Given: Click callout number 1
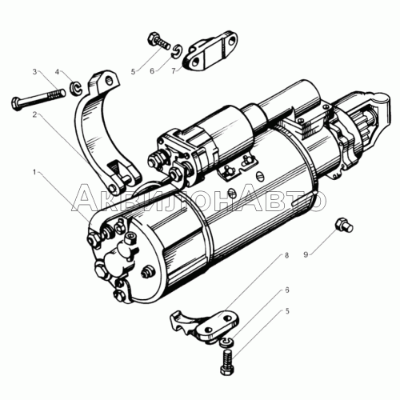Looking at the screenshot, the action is click(x=34, y=172).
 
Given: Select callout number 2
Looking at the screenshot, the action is click(x=34, y=114).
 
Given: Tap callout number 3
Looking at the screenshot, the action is click(x=34, y=72).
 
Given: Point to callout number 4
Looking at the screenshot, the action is click(x=57, y=72).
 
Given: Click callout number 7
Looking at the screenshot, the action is click(x=174, y=71).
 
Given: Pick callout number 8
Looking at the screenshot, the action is click(x=286, y=255).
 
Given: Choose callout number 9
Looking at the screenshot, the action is click(x=306, y=254).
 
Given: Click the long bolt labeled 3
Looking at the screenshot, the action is click(x=38, y=98).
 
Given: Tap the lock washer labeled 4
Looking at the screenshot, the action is click(x=76, y=89).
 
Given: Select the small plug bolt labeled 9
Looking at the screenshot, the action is click(x=345, y=225).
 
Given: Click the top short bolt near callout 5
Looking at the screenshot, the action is click(x=159, y=42).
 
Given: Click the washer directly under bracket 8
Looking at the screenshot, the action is click(x=227, y=342).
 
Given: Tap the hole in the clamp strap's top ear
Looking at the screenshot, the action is click(x=109, y=79).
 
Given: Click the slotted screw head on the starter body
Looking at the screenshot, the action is click(x=261, y=176).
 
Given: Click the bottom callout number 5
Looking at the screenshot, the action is click(x=287, y=311).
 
